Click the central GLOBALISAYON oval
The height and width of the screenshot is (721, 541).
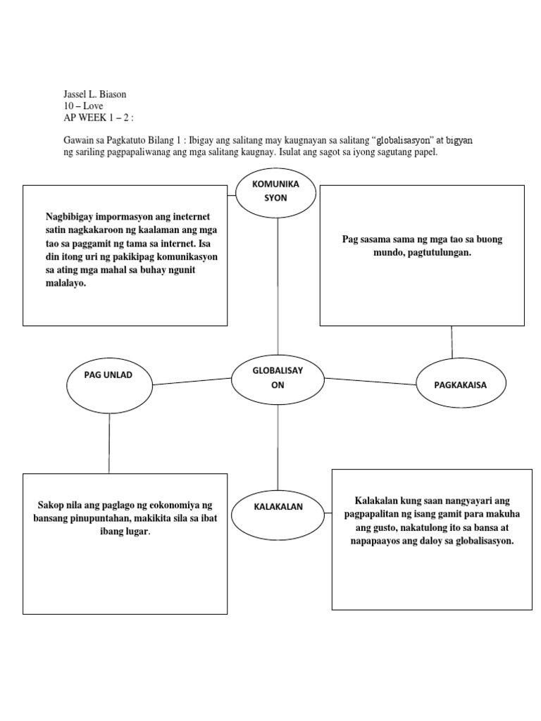point(278,377)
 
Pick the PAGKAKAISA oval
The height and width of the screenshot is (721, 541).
point(461,384)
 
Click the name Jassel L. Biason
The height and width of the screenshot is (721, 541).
point(96,95)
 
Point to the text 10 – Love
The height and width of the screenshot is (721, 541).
point(83,106)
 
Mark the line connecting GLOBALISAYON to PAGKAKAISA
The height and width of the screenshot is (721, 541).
point(371,381)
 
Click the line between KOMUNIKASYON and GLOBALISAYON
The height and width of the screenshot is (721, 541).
point(278,284)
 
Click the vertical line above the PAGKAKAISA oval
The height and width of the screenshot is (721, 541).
point(452,343)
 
